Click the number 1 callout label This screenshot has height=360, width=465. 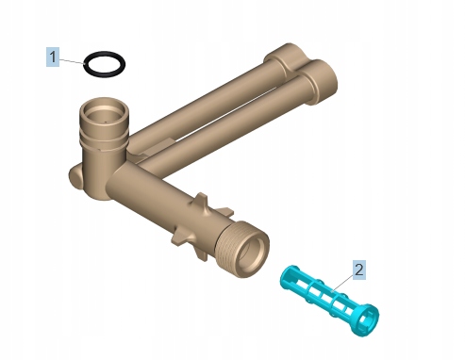(53, 57)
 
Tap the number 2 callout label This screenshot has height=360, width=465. (358, 270)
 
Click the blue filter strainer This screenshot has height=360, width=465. (329, 300)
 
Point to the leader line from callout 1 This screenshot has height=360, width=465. (72, 61)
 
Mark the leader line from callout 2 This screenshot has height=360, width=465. (342, 283)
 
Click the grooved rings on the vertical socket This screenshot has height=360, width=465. (104, 139)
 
